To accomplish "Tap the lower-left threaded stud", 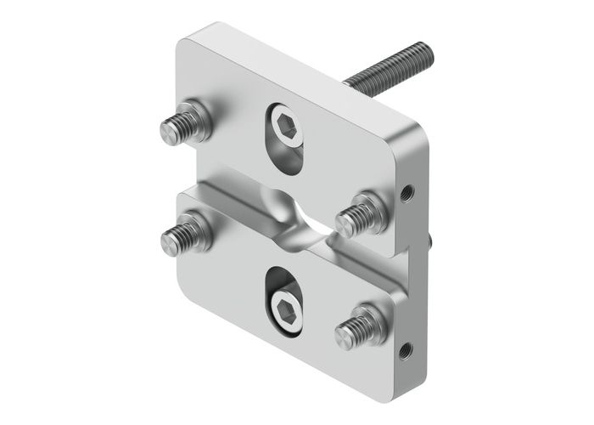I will pos(181,236).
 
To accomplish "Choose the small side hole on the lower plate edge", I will pos(405,348).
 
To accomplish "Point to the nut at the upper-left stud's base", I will pos(202,119).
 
